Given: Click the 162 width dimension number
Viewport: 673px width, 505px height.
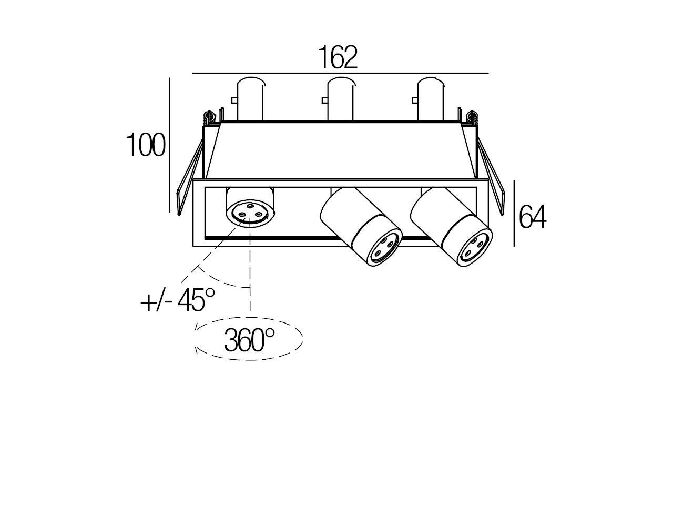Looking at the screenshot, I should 338,57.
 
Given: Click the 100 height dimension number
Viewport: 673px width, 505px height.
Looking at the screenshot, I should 146,146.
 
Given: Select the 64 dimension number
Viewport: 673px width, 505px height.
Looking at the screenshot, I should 532,217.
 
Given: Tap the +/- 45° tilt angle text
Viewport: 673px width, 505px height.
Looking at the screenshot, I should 178,301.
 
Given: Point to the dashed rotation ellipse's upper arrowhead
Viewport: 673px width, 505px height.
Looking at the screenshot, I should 197,328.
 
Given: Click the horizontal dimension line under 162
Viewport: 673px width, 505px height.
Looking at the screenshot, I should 340,73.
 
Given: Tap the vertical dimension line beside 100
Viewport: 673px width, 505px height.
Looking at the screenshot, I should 169,145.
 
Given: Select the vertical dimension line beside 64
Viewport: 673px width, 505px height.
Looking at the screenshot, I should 514,213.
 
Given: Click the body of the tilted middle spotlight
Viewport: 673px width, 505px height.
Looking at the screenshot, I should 346,215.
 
